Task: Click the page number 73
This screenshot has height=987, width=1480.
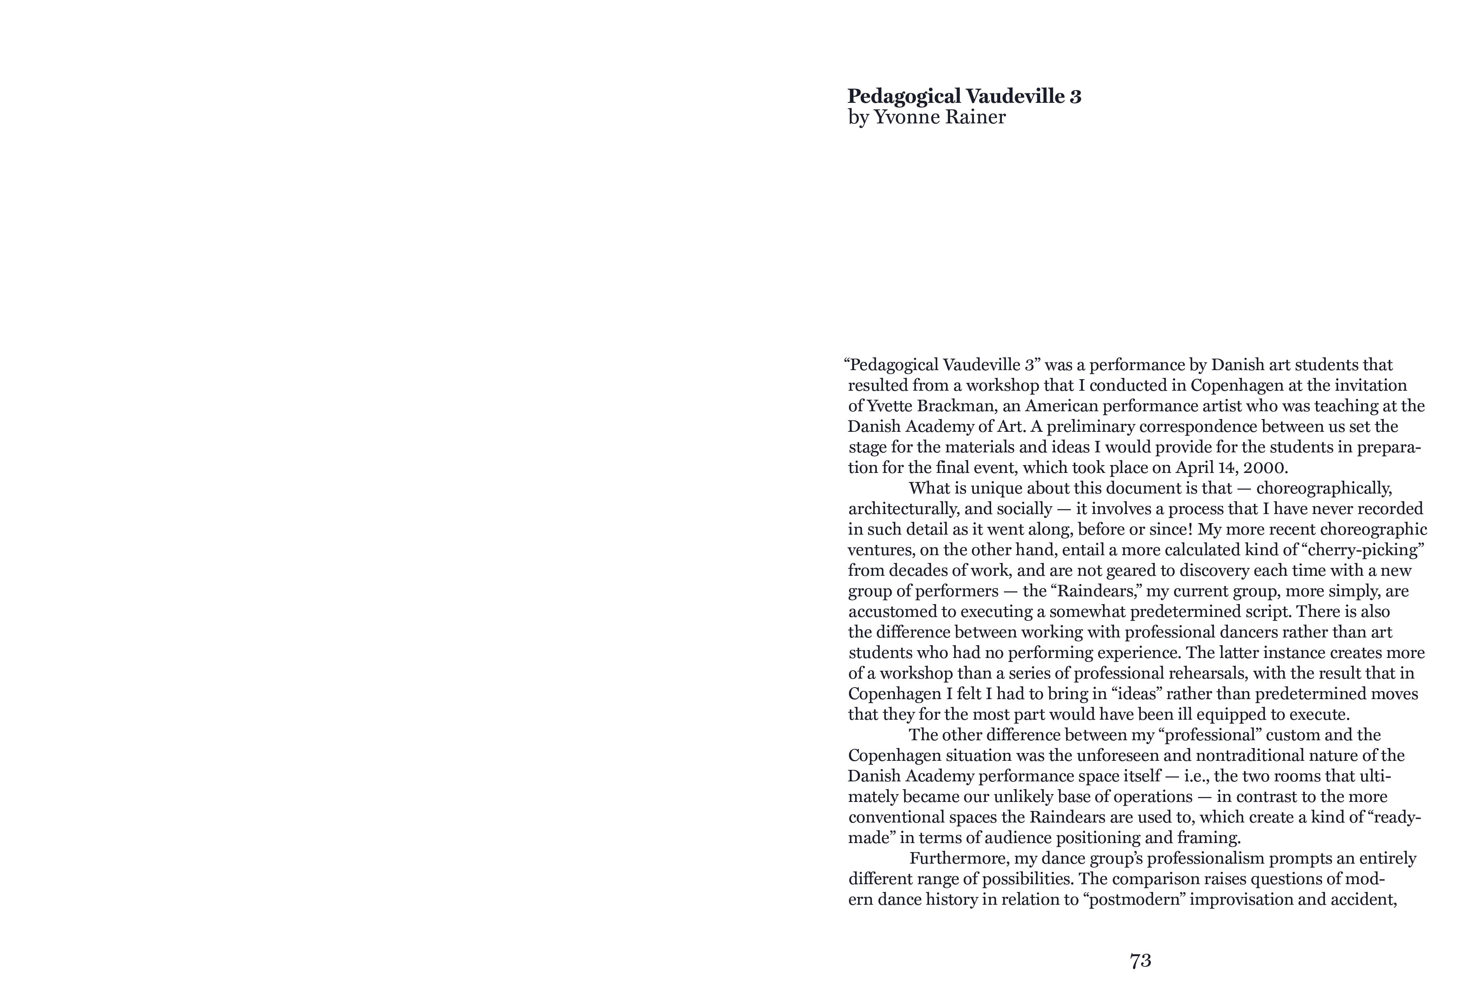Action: click(x=1140, y=961)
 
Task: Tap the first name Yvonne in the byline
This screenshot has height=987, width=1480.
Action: click(x=902, y=118)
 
